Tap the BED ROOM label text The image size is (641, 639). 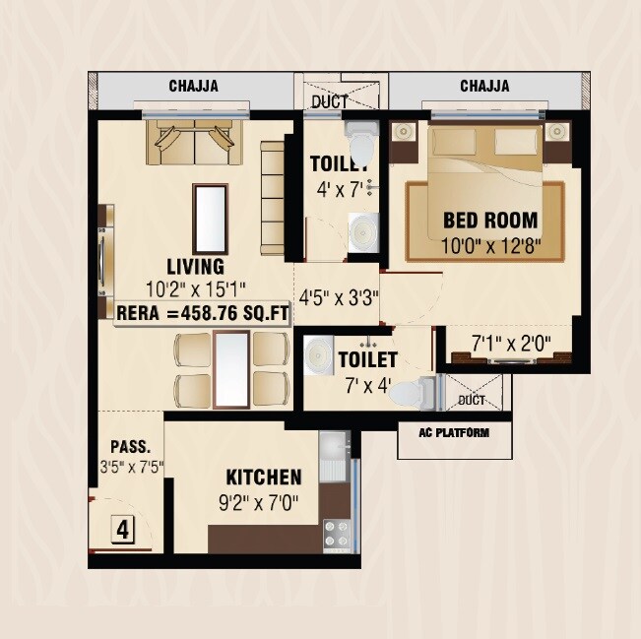[489, 220]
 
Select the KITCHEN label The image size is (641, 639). [264, 478]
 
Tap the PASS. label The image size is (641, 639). [123, 445]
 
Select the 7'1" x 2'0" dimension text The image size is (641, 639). [510, 344]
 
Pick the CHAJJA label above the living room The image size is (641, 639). [193, 87]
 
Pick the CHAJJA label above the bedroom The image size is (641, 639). [484, 87]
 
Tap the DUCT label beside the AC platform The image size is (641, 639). [472, 401]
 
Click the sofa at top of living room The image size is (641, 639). [194, 144]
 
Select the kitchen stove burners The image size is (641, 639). [336, 533]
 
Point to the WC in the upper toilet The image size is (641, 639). [359, 146]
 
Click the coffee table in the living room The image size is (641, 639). [208, 216]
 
